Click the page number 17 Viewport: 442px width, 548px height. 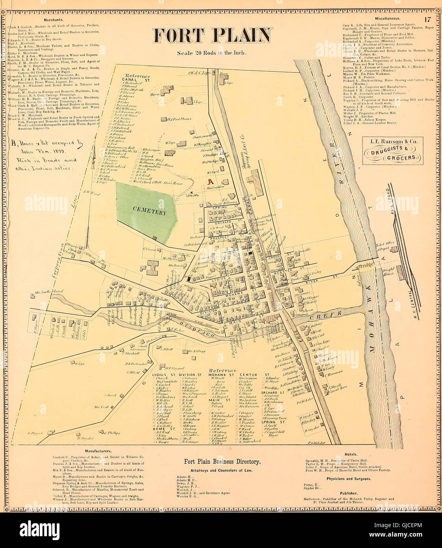click(428, 19)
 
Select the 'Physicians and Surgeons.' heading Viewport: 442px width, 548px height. click(351, 479)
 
